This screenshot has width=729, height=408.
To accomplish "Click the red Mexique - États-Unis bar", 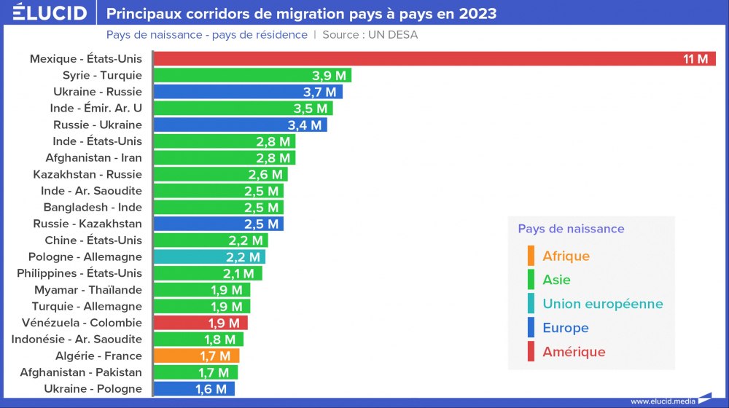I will tap(434, 59).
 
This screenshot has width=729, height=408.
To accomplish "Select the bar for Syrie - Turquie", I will tap(252, 75).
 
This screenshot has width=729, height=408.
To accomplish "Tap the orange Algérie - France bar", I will tap(197, 356).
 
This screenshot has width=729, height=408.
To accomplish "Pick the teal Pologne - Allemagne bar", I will tap(210, 256).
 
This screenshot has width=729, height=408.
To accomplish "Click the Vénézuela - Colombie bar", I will tap(201, 323).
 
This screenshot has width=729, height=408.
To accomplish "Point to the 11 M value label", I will tap(695, 59).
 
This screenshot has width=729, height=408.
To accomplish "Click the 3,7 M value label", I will tap(319, 92).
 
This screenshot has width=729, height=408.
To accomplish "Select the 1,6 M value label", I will tap(211, 389).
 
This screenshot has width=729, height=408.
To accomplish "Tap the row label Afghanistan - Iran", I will tap(93, 157).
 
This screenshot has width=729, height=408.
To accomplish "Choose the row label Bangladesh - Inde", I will tap(93, 207).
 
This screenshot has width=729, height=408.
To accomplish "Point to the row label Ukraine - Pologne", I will tap(93, 389).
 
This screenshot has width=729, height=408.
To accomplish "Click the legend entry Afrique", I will tap(566, 256).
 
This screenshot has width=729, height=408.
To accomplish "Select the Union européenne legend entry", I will tap(602, 304).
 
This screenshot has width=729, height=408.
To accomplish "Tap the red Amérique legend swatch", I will tap(531, 352).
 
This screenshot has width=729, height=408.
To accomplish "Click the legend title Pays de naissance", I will tap(571, 229).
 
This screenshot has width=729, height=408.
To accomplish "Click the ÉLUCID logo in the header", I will tap(50, 13).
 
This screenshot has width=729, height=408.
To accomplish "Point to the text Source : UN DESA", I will tap(370, 35).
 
